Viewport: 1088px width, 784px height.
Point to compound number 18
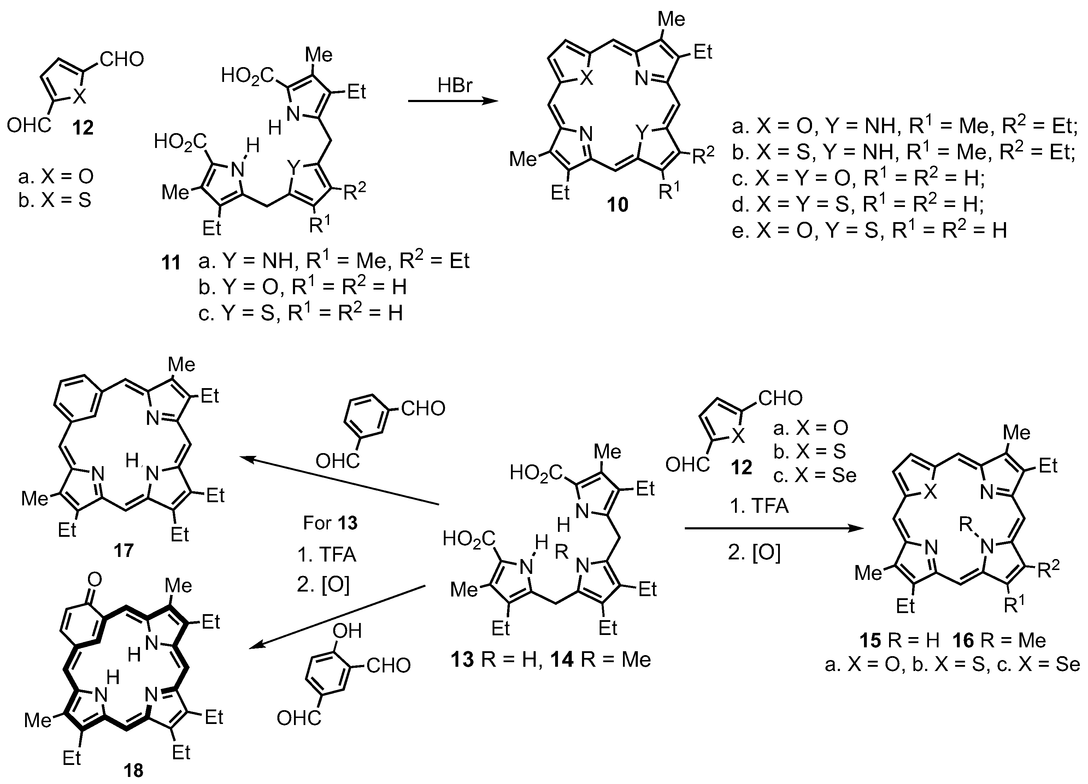(x=133, y=770)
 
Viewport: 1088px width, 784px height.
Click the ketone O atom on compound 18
(x=94, y=580)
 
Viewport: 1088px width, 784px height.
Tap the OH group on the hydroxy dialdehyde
(x=347, y=631)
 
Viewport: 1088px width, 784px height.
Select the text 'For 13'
(x=330, y=523)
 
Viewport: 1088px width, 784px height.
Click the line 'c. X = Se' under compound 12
(x=814, y=475)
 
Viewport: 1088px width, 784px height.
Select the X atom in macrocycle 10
(x=586, y=79)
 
